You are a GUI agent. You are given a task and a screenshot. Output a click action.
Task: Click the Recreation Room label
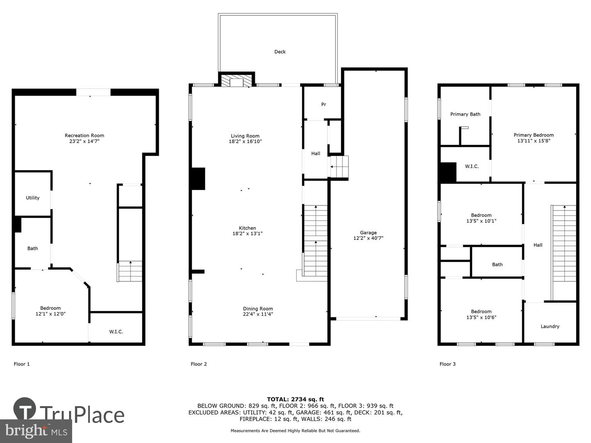[x=84, y=135]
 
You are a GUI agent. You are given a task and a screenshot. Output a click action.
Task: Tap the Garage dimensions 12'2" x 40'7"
[x=368, y=238]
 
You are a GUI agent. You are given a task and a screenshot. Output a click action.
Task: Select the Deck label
[x=280, y=52]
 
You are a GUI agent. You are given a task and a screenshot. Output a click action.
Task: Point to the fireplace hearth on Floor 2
[x=236, y=80]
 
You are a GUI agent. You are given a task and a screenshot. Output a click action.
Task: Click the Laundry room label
[x=550, y=327]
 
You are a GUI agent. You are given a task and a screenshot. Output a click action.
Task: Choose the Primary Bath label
[x=465, y=114]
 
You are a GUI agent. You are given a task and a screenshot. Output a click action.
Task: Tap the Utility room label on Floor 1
[x=32, y=198]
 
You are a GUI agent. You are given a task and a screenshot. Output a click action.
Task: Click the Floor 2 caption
[x=199, y=364]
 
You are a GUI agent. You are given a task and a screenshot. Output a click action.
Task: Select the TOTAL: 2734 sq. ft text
[x=295, y=399]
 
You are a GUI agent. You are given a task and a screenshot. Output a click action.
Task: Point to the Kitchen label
[x=247, y=228]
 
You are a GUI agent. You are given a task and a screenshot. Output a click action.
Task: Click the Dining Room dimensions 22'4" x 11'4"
[x=258, y=314]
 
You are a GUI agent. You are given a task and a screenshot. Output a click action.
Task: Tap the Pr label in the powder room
[x=324, y=105]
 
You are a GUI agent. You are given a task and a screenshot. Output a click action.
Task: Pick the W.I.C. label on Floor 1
[x=116, y=332]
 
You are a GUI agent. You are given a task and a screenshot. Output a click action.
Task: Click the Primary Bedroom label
[x=534, y=135]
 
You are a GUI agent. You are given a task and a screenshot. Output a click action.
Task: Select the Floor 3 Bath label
[x=497, y=265]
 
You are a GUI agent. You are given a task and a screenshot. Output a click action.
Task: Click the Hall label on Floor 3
[x=538, y=245]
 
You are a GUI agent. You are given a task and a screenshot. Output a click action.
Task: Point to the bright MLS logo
[x=36, y=431]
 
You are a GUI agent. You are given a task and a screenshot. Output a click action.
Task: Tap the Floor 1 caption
[x=21, y=364]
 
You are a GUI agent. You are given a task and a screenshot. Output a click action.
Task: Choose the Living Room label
[x=245, y=136]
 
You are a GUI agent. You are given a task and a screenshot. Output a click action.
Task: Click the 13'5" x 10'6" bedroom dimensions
[x=481, y=317]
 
